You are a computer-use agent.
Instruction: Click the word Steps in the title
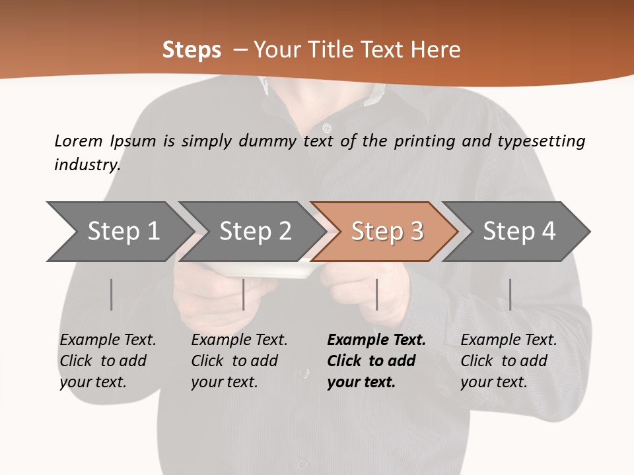click(x=192, y=50)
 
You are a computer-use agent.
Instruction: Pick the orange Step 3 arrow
click(x=387, y=232)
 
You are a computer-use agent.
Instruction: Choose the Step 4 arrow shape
click(x=519, y=232)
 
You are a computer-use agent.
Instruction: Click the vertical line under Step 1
click(x=112, y=294)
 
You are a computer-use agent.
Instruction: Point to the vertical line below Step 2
click(x=244, y=294)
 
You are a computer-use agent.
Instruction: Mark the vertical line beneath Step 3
click(x=376, y=294)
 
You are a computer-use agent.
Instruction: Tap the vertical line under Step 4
click(x=510, y=294)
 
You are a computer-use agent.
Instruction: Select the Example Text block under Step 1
click(x=108, y=361)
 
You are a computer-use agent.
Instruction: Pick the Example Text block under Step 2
click(x=239, y=361)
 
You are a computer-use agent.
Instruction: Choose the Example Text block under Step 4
click(x=509, y=361)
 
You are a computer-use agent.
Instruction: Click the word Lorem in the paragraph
click(x=78, y=141)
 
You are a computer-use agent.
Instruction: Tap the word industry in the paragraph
click(x=87, y=165)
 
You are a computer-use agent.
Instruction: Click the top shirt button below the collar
click(x=326, y=127)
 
